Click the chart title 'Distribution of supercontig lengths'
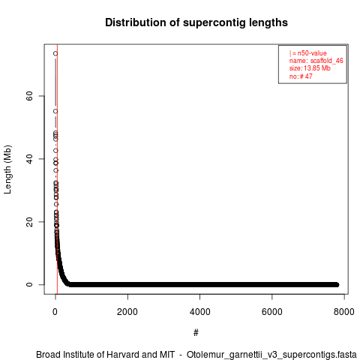click(x=196, y=22)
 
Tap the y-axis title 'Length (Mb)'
click(x=7, y=169)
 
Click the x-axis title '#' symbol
click(x=196, y=332)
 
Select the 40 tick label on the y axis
click(x=29, y=159)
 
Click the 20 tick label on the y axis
click(x=29, y=222)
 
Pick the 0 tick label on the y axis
click(x=29, y=284)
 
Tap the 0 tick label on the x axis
click(x=55, y=312)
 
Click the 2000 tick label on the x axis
click(x=127, y=312)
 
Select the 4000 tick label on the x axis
click(x=199, y=312)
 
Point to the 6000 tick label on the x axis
click(x=272, y=312)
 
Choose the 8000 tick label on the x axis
click(x=344, y=312)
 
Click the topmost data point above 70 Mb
click(x=55, y=53)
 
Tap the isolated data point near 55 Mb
click(x=55, y=111)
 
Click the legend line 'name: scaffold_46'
click(x=316, y=61)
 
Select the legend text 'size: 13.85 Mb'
click(x=310, y=68)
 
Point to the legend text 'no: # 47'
click(x=301, y=76)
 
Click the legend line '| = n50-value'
click(x=308, y=53)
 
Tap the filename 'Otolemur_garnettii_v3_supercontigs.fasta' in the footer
click(x=271, y=355)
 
